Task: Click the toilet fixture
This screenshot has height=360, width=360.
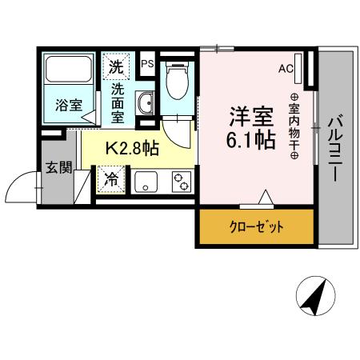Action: coord(175,82)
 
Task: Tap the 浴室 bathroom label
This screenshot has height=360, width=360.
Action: coord(68,105)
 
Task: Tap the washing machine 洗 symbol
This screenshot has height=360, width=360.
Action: coord(116,66)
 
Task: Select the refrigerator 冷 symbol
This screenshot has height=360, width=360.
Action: coord(112,179)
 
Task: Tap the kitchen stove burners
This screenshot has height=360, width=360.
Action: coord(180,182)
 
